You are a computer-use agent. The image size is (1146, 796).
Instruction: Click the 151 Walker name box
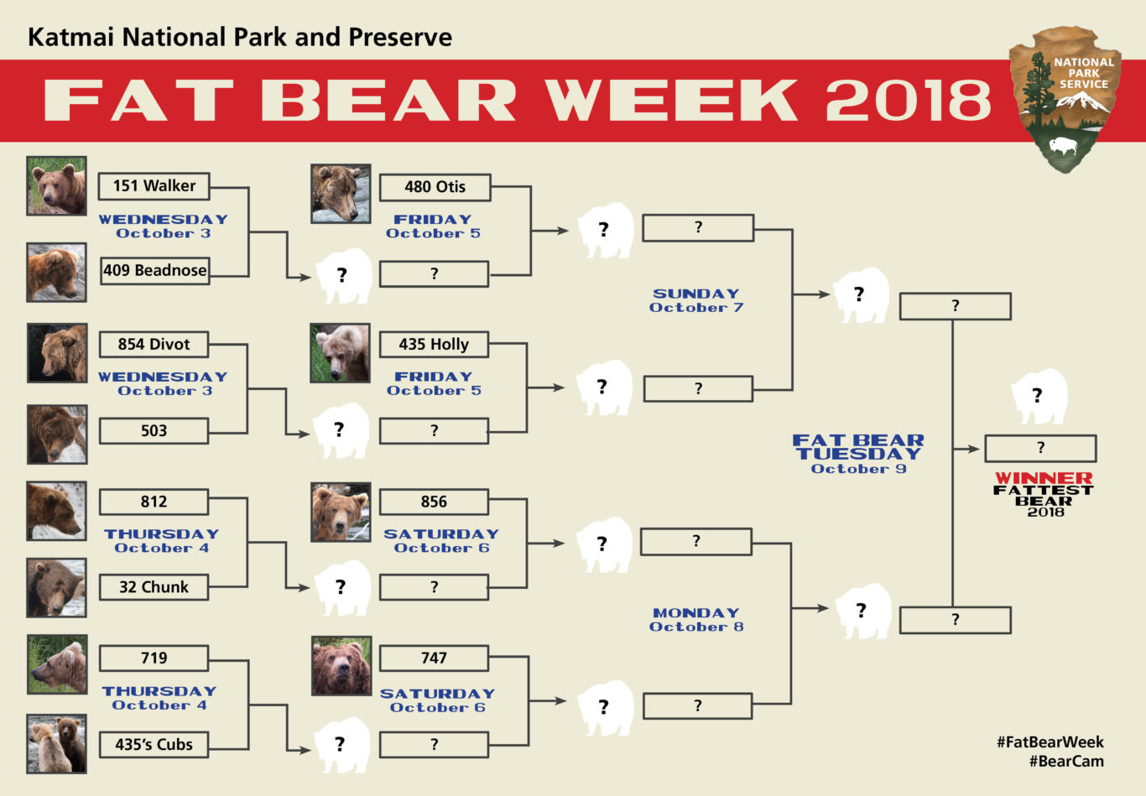[x=154, y=186]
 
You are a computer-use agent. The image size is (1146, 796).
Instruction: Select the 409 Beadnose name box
[x=154, y=271]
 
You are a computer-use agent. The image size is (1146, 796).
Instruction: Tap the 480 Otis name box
[x=435, y=187]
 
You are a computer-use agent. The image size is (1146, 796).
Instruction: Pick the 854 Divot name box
[x=154, y=344]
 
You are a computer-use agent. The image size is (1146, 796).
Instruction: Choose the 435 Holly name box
[x=433, y=344]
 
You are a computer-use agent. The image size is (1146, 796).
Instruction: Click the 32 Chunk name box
[x=154, y=587]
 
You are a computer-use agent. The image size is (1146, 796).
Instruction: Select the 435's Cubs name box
[x=154, y=745]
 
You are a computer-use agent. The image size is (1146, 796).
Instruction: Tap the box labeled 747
[x=433, y=658]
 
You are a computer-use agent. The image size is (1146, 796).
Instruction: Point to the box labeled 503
[x=154, y=431]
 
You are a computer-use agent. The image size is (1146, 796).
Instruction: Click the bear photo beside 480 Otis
[x=340, y=194]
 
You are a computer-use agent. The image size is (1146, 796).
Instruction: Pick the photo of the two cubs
[x=56, y=743]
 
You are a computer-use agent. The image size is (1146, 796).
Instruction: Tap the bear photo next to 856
[x=340, y=512]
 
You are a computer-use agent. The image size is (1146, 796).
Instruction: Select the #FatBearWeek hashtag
[x=1050, y=742]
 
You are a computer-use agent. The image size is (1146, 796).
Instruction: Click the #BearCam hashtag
[x=1065, y=762]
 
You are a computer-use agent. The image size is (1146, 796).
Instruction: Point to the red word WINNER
[x=1044, y=478]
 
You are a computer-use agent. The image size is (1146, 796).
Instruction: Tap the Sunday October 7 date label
[x=696, y=300]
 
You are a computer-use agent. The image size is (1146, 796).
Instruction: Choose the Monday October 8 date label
[x=696, y=620]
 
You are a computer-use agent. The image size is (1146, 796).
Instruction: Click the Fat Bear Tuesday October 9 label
[x=858, y=453]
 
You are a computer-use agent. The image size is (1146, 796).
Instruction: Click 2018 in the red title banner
[x=908, y=100]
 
